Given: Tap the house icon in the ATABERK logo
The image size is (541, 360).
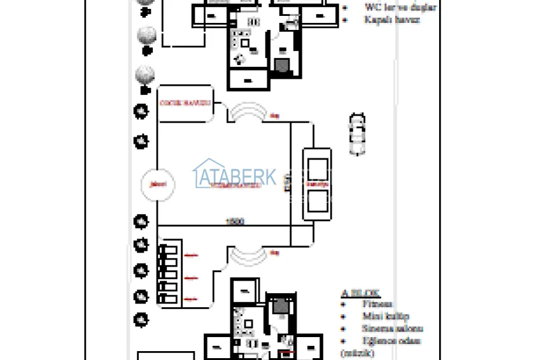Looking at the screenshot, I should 206,173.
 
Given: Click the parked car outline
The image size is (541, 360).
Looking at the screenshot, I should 358,134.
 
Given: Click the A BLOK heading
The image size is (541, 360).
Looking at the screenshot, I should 361,294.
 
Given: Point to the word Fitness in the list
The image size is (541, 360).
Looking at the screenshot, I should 379,305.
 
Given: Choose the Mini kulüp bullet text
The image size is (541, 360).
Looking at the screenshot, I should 386,317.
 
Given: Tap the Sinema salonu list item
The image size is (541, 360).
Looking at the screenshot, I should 393,329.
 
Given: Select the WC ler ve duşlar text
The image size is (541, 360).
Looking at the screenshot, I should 400,8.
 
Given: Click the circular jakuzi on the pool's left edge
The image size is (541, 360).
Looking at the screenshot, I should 156,184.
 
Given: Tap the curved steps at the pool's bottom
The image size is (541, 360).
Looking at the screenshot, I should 247,255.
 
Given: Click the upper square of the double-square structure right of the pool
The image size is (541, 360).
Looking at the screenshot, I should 317,170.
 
